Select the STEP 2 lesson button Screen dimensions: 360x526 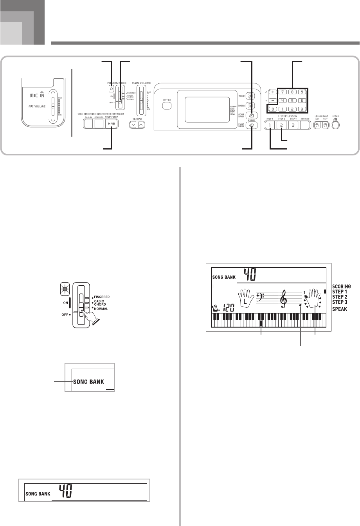(282, 125)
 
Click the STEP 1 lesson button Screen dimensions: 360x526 (270, 125)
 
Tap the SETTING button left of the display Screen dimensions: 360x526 (167, 106)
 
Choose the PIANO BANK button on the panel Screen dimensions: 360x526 (252, 125)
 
